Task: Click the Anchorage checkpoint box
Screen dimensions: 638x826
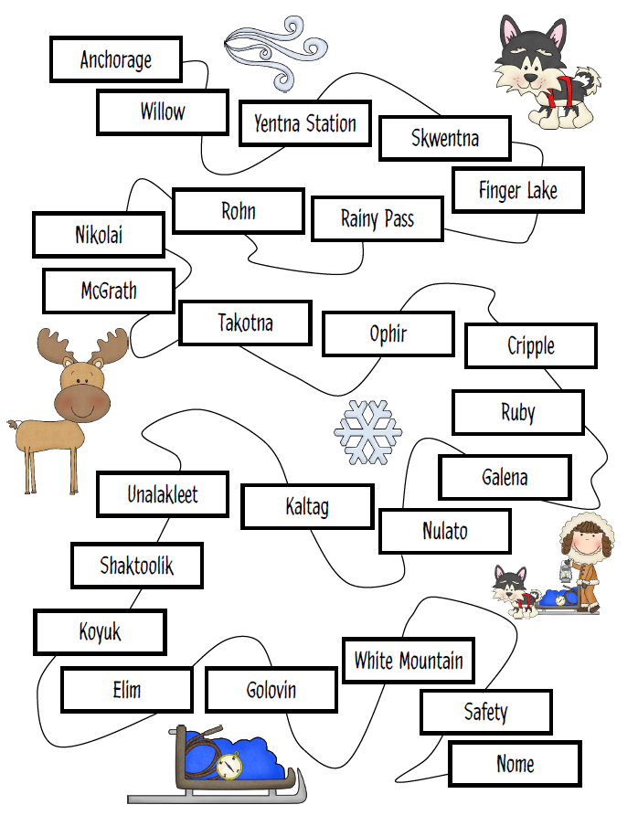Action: (x=116, y=59)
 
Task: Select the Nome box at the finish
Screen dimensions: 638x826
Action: (x=515, y=764)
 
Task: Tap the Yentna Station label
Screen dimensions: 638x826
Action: (x=304, y=123)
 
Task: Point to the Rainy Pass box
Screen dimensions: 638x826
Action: (x=377, y=219)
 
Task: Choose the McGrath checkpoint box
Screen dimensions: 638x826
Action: (x=108, y=291)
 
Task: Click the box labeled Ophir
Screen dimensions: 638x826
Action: (x=388, y=334)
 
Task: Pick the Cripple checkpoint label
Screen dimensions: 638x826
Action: (x=530, y=345)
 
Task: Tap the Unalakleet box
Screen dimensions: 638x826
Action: (x=163, y=494)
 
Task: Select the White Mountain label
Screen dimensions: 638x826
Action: (x=408, y=660)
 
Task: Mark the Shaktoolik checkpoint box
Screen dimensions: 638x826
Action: (x=136, y=566)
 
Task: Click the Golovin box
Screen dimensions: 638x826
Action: (x=271, y=690)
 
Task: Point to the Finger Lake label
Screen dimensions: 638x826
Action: (x=517, y=190)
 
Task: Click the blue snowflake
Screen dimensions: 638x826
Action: (x=367, y=429)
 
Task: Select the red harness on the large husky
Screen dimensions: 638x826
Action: (x=559, y=91)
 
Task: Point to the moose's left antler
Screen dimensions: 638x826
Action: (x=55, y=345)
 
